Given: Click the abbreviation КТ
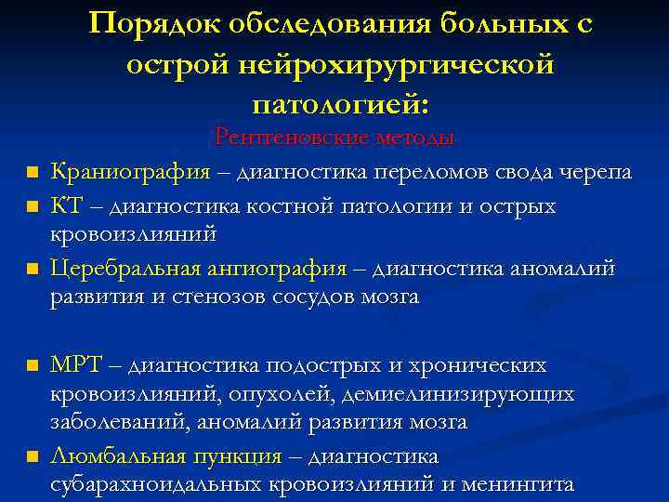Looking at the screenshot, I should [x=67, y=205].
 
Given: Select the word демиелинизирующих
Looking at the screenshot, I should [x=458, y=393].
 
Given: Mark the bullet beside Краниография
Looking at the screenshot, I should [x=32, y=173].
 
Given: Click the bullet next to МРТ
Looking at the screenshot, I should [x=32, y=365].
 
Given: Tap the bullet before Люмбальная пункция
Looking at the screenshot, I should [x=32, y=456].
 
